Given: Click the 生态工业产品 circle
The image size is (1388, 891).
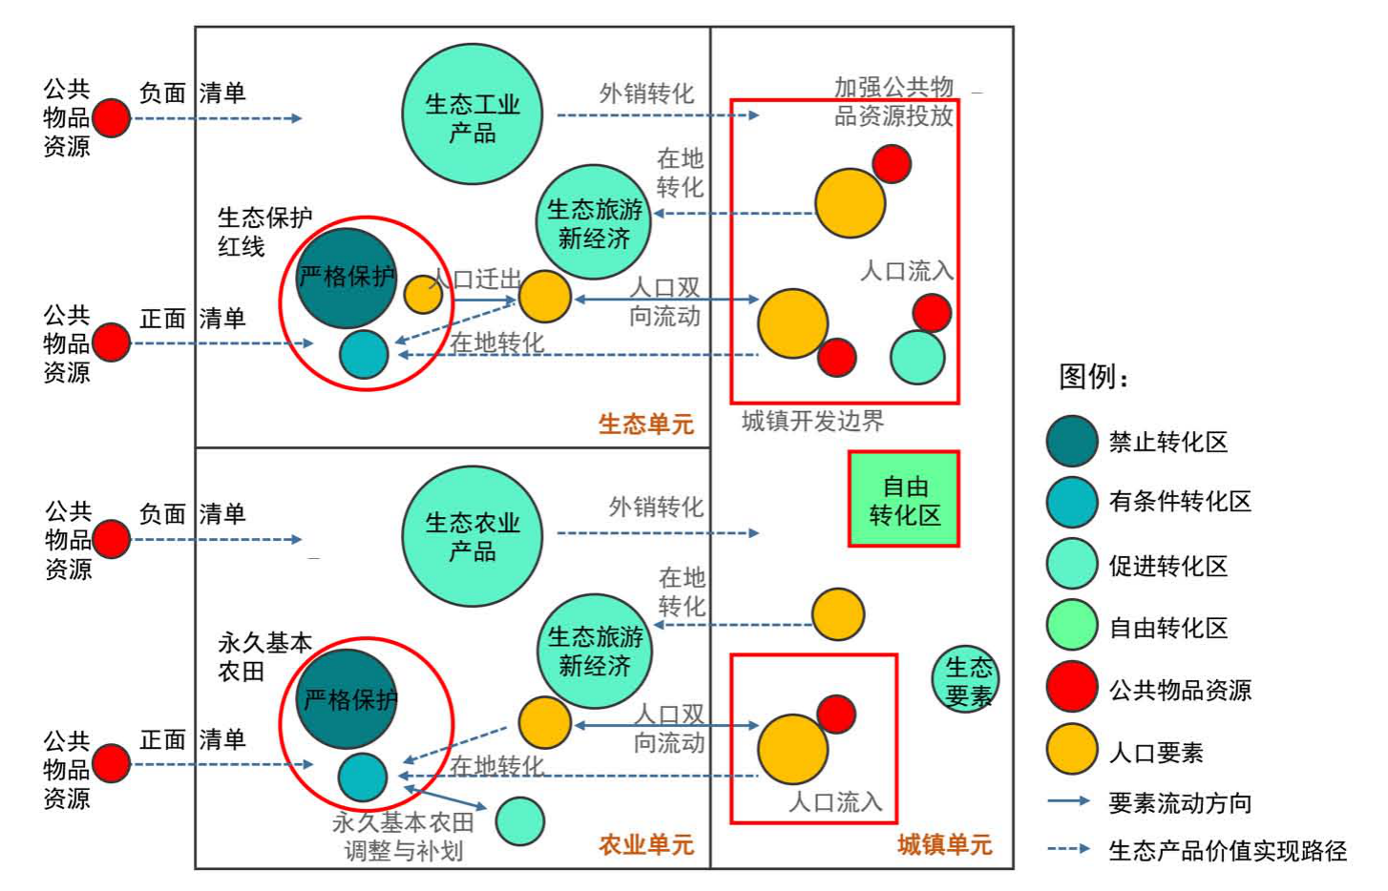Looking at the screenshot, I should coord(472,114).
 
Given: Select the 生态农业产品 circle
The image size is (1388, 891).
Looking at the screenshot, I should coord(472,535).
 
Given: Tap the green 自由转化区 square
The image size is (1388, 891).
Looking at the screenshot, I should coord(903,499).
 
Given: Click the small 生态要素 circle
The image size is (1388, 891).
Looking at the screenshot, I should coord(966,679).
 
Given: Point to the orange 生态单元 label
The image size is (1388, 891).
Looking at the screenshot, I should coord(645,424).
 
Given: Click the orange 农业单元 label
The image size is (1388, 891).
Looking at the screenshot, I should coord(645,844).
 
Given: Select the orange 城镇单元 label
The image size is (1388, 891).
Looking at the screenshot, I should coord(944,844).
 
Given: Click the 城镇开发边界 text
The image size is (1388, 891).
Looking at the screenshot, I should coord(812,421).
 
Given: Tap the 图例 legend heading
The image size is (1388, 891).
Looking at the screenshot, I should coord(1093,377).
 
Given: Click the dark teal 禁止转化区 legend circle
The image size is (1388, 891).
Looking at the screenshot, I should coord(1071,441).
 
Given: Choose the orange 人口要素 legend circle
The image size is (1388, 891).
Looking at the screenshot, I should coord(1071,750).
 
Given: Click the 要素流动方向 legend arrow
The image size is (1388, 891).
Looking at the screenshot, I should coord(1068,801).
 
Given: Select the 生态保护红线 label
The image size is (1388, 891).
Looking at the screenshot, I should coord(264,232).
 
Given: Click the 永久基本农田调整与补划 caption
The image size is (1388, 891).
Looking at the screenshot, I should coord(403,836).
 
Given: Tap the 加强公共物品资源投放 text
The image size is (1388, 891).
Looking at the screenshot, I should coord(894,102).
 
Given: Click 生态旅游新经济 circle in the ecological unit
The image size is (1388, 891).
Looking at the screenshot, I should coord(594,222).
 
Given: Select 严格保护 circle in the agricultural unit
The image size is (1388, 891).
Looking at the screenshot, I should coord(347,699).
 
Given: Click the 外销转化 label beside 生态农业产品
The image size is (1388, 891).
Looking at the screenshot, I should coord(656,507).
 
